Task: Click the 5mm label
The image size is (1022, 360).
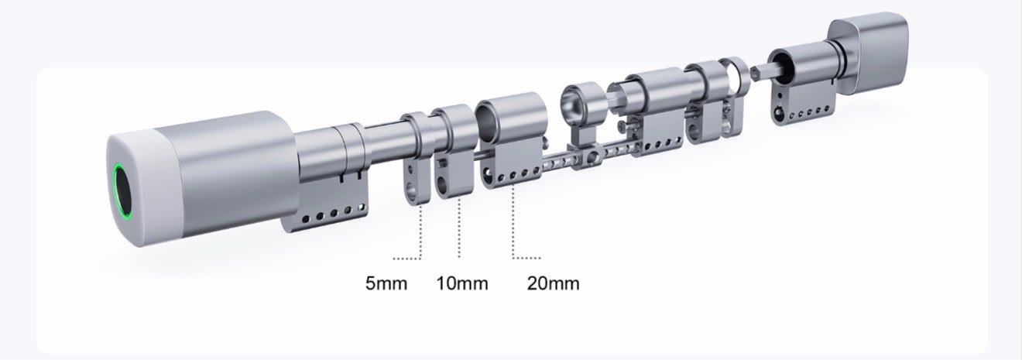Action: click(x=386, y=283)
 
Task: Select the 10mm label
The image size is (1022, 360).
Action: click(x=462, y=283)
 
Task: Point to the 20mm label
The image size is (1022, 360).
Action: click(x=553, y=283)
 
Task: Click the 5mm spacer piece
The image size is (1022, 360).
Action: click(x=417, y=157)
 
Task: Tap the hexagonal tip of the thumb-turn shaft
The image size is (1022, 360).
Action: click(x=760, y=72)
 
